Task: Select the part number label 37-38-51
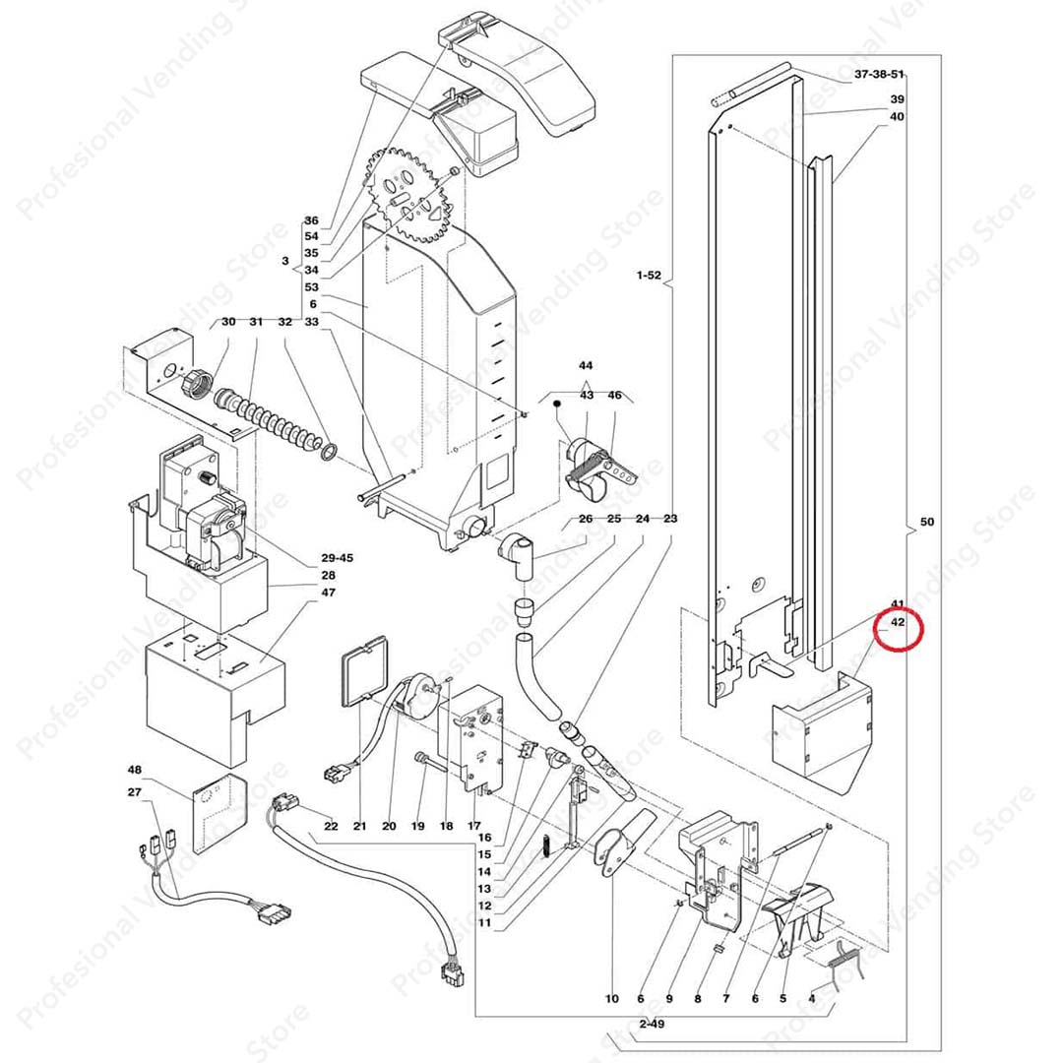pos(879,75)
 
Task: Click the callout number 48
pos(135,770)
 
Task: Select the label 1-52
pos(649,276)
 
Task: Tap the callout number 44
pos(587,365)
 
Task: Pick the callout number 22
pos(331,826)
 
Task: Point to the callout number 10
pos(612,999)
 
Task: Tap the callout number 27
pos(135,792)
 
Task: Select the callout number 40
pos(897,117)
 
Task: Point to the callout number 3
pos(284,262)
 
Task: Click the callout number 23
pos(671,518)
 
